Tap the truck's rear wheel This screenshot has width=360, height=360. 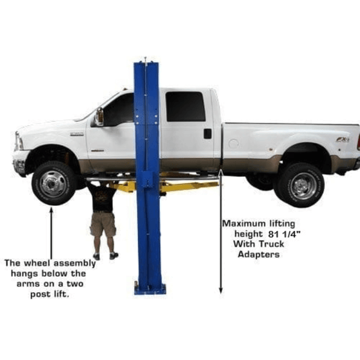(x=299, y=185)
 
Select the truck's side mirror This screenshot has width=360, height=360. (x=99, y=116)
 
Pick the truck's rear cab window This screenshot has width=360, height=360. (x=185, y=106)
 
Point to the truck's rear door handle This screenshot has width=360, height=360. (x=207, y=134)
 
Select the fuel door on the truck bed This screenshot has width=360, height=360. (x=233, y=143)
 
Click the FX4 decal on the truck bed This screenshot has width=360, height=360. (x=342, y=139)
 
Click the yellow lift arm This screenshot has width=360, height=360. (x=187, y=186)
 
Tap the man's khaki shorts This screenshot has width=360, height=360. (x=103, y=224)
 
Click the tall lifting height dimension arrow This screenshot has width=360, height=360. (x=221, y=232)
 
